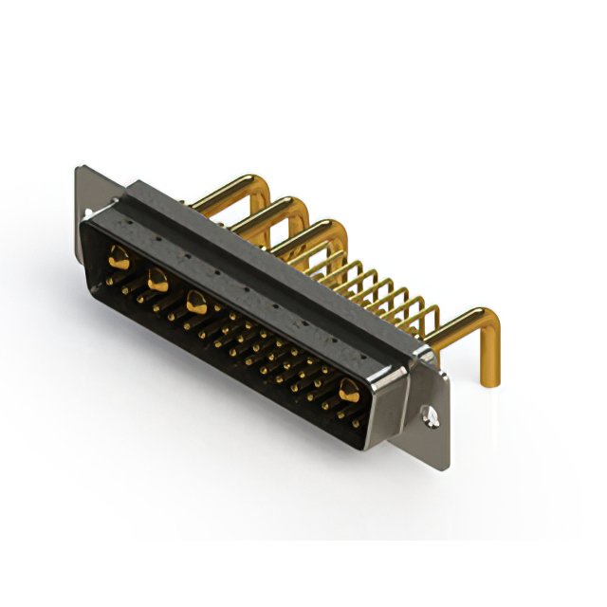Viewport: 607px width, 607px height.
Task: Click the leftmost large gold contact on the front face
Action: pyautogui.click(x=119, y=254)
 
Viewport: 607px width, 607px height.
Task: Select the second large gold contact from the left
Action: pyautogui.click(x=156, y=278)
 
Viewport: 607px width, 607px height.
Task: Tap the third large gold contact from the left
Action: pyautogui.click(x=196, y=303)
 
